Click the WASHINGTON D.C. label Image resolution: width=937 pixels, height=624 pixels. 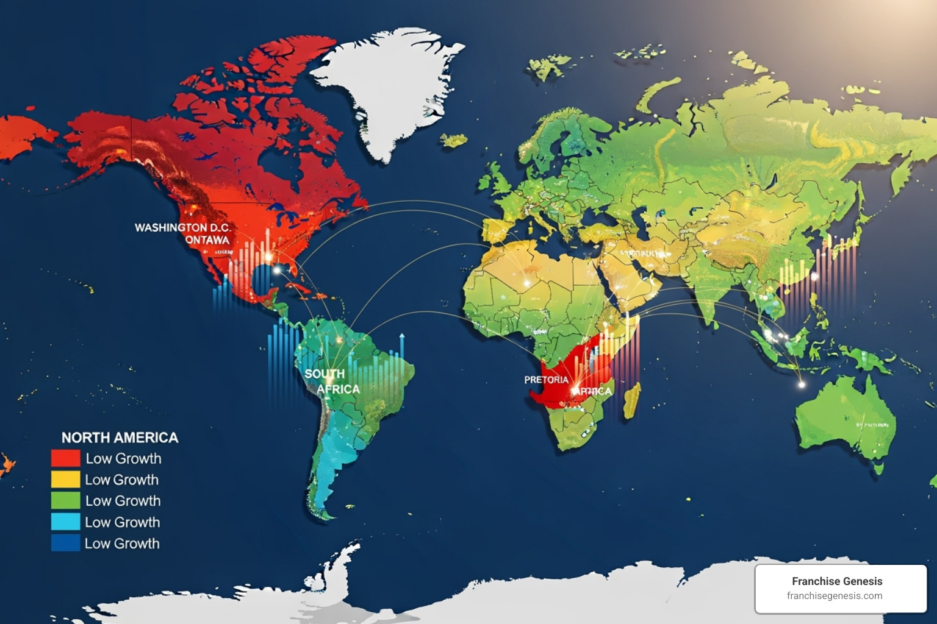[x=182, y=227]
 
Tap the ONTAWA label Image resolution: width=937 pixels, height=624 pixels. [x=207, y=240]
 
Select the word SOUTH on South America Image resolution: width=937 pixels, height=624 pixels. [x=325, y=374]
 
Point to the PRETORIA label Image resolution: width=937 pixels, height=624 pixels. [x=546, y=380]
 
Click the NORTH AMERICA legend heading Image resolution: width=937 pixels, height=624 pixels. [x=120, y=438]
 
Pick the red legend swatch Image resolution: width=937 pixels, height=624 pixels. [x=65, y=458]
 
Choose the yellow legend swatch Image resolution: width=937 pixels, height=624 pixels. [x=65, y=480]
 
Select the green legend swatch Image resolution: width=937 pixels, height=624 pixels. [x=65, y=501]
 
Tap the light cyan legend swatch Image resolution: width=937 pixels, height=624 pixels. [x=65, y=522]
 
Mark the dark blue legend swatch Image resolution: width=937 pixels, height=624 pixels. [x=65, y=543]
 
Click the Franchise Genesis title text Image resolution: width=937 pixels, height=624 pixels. [x=837, y=581]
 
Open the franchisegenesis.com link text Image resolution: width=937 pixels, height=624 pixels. [x=835, y=596]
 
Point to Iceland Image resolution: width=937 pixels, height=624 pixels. [x=454, y=141]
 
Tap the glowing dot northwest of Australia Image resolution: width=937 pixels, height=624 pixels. [x=802, y=385]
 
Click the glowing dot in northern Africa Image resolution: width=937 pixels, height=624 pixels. [x=526, y=283]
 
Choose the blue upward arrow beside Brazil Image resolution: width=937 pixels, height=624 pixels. [x=401, y=337]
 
